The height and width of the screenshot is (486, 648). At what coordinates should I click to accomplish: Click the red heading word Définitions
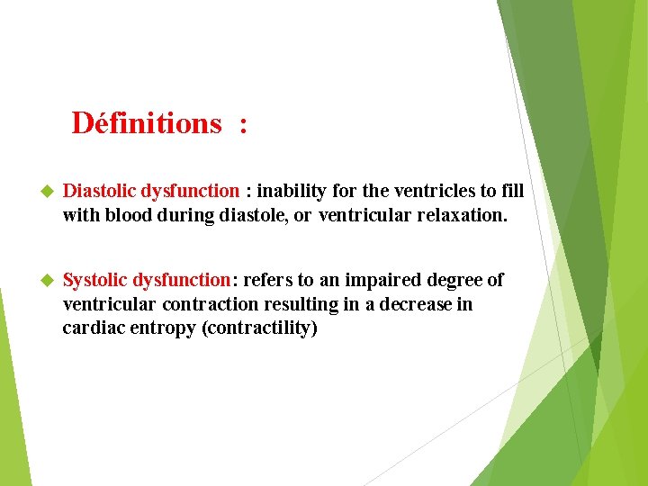pyautogui.click(x=146, y=122)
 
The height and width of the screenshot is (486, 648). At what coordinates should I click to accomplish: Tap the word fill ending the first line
pyautogui.click(x=513, y=191)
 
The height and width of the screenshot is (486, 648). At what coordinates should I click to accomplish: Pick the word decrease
pyautogui.click(x=415, y=304)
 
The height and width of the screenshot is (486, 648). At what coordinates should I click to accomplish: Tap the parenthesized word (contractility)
pyautogui.click(x=260, y=328)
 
